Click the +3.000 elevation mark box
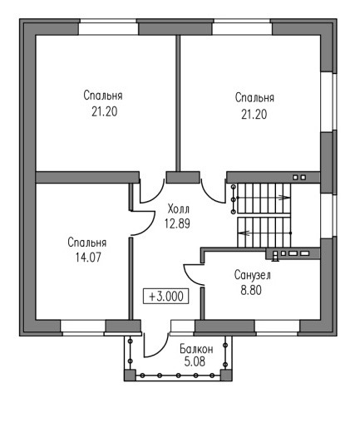[165, 296]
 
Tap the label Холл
[178, 209]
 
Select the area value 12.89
[177, 223]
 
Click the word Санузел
[252, 275]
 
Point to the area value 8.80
[251, 290]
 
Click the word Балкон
[196, 349]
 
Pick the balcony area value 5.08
[195, 361]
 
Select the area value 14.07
[88, 258]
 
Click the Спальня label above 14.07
[87, 243]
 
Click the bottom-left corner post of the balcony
[130, 375]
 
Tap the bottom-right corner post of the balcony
[226, 375]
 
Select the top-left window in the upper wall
[108, 27]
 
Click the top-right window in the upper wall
[242, 27]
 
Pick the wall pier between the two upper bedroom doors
[183, 177]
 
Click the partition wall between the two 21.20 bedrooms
[178, 103]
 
